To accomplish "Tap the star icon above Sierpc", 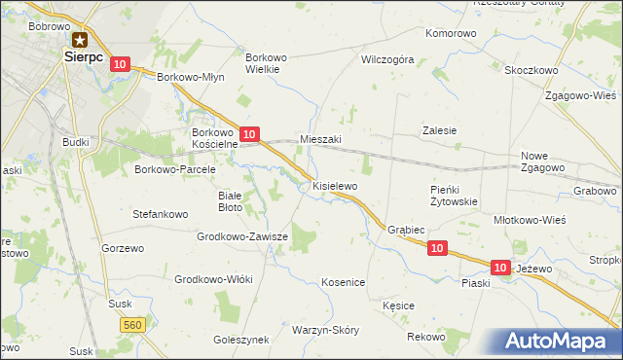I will (79, 41).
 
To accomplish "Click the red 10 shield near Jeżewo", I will (500, 267).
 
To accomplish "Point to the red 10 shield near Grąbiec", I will (437, 249).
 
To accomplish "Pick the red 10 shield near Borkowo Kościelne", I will (250, 133).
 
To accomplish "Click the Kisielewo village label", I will (336, 184).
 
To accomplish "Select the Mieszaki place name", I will (320, 140).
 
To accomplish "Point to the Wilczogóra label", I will (387, 59).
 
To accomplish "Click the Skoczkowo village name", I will (531, 70).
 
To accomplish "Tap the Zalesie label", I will (439, 130).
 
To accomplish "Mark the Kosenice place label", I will (343, 282).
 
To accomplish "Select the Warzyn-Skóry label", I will (325, 330).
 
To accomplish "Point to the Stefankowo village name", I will (160, 212).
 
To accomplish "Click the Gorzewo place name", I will (123, 248).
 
